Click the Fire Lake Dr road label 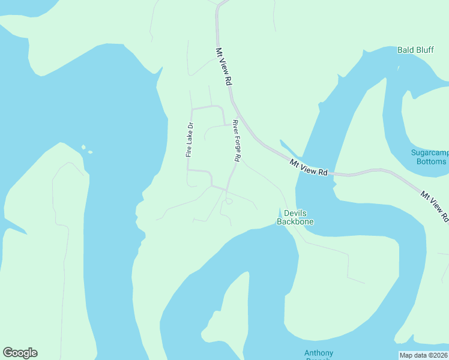point(189,140)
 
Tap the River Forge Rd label point(237,140)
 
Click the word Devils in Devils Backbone point(295,213)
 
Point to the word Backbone point(295,221)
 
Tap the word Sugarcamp point(430,153)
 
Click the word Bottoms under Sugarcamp point(430,161)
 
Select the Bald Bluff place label point(415,50)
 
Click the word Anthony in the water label point(319,352)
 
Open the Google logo point(20,353)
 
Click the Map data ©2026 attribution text point(423,355)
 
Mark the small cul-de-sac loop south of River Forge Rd point(229,202)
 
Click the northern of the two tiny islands point(83,146)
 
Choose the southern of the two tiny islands point(90,152)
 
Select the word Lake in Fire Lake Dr point(189,139)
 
